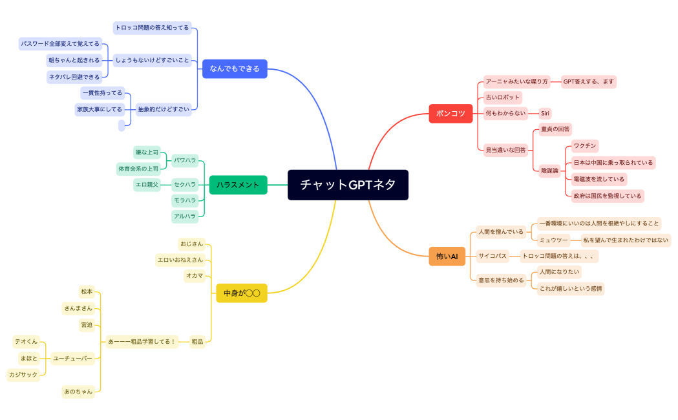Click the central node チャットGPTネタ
coord(348,185)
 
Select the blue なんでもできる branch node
coord(235,68)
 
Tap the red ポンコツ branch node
coord(450,113)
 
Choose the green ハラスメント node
coord(238,185)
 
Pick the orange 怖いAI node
coord(447,257)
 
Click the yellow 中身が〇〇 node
coord(241,293)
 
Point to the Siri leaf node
coord(545,113)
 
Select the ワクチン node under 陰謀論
coord(584,145)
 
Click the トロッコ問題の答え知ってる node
coord(152,28)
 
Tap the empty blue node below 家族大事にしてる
coord(122,126)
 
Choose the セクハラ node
coord(185,185)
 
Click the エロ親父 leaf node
coord(147,185)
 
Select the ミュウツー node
coord(554,240)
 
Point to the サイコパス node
coord(493,256)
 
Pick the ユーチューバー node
coord(72,357)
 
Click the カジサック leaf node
coord(23,375)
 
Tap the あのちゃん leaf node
coord(78,391)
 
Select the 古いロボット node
coord(502,98)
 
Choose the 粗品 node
coord(197,342)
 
